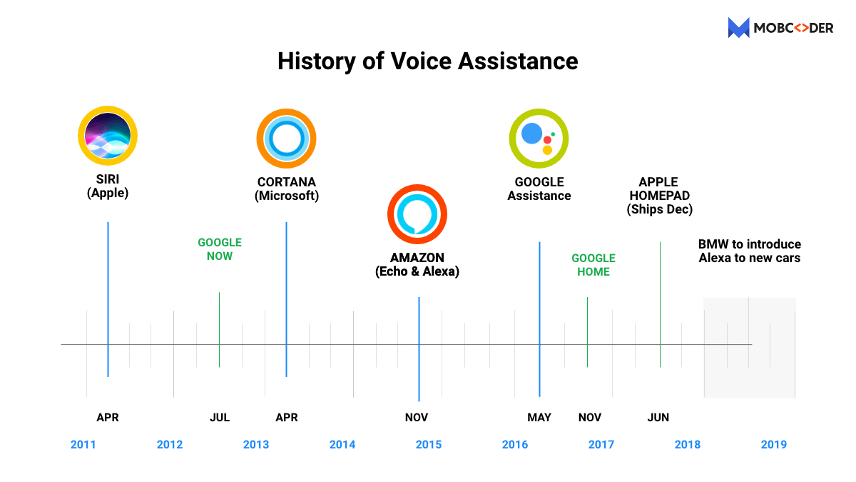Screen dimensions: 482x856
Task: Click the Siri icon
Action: coord(108,135)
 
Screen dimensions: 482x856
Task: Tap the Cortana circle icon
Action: coord(286,139)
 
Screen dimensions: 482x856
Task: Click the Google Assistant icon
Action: coord(539,139)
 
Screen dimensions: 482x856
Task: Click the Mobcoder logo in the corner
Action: coord(780,28)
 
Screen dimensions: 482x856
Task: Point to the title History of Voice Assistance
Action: coord(427,61)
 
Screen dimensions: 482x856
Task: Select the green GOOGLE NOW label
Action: coord(220,249)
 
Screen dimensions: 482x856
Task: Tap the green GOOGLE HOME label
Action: coord(593,265)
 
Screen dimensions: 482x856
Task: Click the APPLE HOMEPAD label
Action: coord(659,196)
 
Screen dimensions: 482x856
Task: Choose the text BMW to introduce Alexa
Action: coord(749,251)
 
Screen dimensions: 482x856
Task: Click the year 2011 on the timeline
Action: coord(83,444)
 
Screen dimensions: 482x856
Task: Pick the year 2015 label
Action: coord(429,444)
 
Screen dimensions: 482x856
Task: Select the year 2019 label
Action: coord(774,444)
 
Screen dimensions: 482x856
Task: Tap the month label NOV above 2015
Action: coord(417,417)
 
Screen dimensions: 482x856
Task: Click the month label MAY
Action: coord(539,417)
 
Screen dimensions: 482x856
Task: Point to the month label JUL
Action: coord(220,417)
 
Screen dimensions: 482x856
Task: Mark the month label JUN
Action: coord(658,417)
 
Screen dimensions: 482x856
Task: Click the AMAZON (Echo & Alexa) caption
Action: coord(417,264)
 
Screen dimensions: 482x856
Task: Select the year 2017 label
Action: coord(601,444)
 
